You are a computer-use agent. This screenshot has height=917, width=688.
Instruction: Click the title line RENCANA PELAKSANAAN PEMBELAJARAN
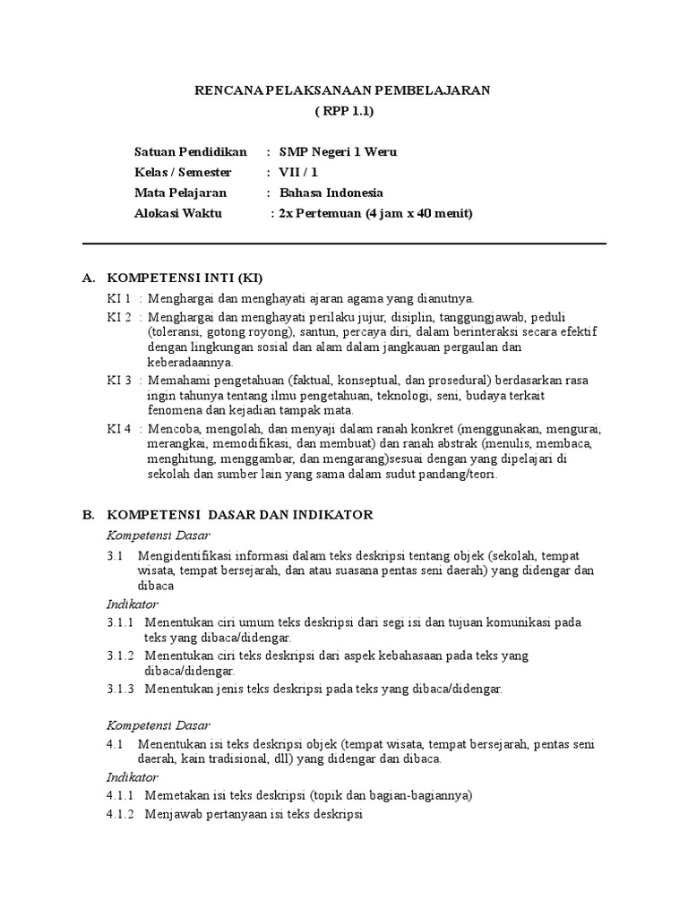(x=343, y=90)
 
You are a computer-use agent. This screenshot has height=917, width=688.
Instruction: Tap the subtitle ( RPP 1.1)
(x=343, y=111)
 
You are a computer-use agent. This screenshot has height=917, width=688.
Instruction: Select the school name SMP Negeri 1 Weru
(x=338, y=152)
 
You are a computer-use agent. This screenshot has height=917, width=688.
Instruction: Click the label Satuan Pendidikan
(x=190, y=152)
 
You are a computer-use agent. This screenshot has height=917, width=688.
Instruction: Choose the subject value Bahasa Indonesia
(x=331, y=193)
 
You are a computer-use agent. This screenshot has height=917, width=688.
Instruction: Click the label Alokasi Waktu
(x=177, y=213)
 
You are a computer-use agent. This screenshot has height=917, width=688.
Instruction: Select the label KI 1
(x=119, y=298)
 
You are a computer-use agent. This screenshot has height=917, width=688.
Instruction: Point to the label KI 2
(x=119, y=317)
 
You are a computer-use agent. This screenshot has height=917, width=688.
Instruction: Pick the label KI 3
(x=119, y=380)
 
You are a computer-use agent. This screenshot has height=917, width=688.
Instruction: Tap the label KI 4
(x=119, y=428)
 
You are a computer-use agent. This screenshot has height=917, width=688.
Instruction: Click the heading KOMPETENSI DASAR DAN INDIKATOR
(x=239, y=515)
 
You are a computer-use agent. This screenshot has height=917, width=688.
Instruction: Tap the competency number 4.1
(x=114, y=744)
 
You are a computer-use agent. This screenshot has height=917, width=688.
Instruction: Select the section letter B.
(x=88, y=515)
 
